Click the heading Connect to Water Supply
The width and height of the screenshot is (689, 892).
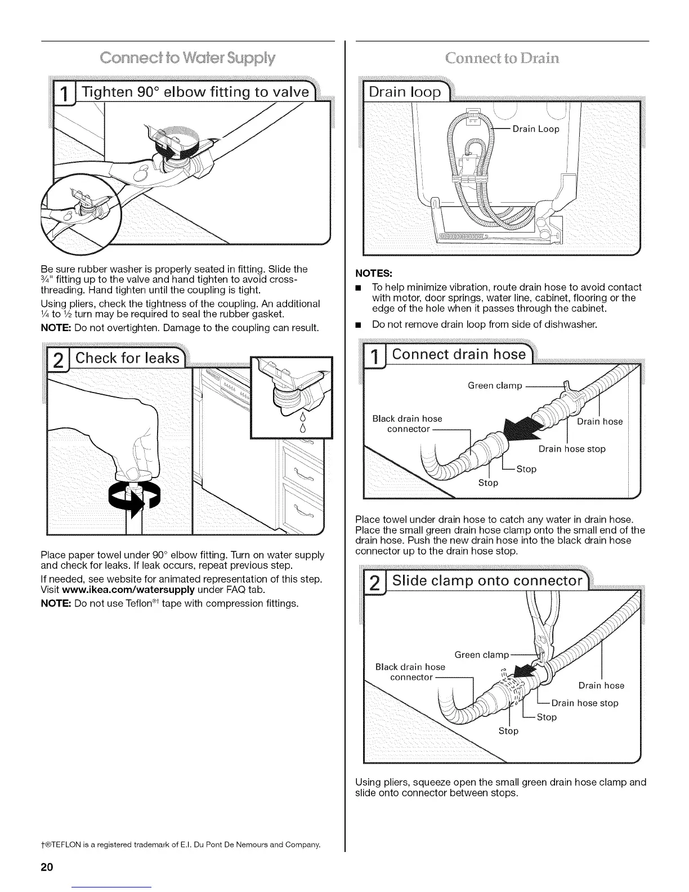point(187,58)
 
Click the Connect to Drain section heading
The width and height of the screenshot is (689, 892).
point(502,58)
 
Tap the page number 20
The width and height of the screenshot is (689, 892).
point(46,867)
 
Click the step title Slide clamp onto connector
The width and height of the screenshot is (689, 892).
point(487,581)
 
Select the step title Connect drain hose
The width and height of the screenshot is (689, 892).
point(459,354)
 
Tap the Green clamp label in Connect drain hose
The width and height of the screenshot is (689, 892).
point(495,386)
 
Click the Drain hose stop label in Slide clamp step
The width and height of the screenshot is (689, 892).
point(584,703)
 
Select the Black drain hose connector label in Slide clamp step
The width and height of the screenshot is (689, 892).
point(410,672)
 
